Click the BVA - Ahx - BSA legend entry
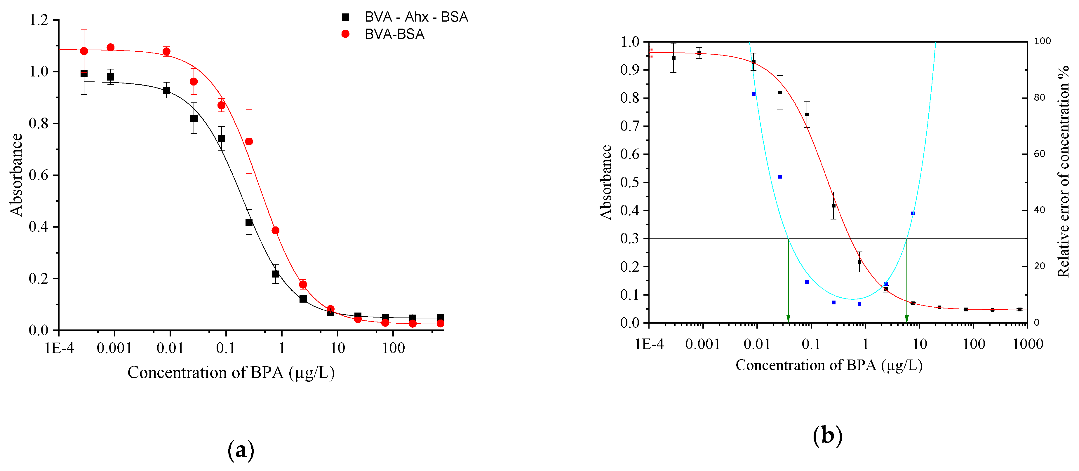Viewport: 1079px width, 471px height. click(x=415, y=17)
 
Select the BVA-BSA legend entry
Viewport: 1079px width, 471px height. click(x=394, y=34)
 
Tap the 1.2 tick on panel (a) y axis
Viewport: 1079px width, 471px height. click(x=39, y=20)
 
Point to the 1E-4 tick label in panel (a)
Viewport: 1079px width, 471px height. click(x=59, y=348)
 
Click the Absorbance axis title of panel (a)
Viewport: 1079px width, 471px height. click(x=16, y=175)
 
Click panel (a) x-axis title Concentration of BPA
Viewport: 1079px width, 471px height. click(x=231, y=372)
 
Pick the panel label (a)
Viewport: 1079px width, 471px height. click(x=241, y=450)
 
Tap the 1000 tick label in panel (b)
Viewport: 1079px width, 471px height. click(x=1028, y=344)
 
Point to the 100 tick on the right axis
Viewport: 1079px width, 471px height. click(x=1042, y=41)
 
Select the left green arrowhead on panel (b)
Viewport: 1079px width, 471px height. click(x=788, y=319)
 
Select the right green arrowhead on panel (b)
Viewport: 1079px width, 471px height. click(x=906, y=319)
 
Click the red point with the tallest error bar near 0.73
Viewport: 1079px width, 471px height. click(x=249, y=142)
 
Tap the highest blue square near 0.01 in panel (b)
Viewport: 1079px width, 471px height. click(x=753, y=94)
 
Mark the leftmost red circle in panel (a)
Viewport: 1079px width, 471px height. click(x=84, y=51)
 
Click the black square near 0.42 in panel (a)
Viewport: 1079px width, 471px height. click(x=249, y=222)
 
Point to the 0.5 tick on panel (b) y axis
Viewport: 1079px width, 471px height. click(x=629, y=182)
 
